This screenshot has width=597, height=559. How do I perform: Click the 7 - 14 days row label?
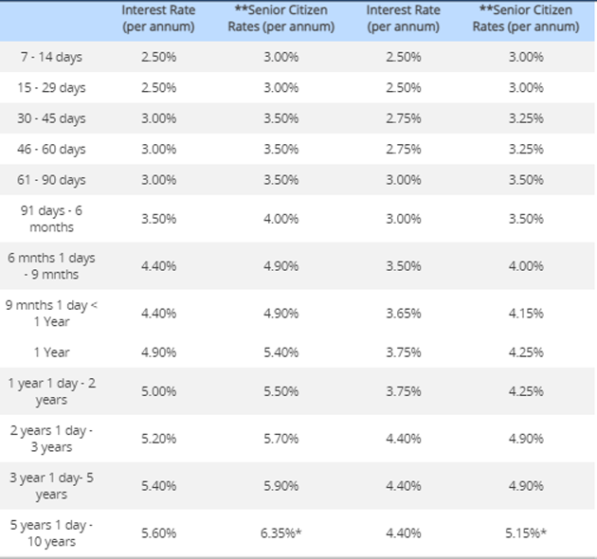51,57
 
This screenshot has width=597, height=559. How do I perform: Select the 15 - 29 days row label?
51,88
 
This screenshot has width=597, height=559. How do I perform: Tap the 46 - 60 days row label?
51,150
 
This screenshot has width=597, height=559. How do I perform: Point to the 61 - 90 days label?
51,180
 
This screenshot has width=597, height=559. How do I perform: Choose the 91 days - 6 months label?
51,219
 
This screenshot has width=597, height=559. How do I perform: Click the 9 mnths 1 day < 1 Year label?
51,313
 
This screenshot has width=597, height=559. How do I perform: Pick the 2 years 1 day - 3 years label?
51,439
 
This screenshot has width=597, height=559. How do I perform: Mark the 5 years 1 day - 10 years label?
51,532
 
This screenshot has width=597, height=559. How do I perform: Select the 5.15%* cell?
525,532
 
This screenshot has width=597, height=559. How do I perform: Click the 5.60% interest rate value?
158,532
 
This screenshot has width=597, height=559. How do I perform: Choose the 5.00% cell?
158,391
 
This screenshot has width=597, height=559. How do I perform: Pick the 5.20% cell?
158,439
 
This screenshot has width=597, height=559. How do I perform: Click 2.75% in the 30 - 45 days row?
404,118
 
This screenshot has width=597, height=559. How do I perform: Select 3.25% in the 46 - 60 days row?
525,150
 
